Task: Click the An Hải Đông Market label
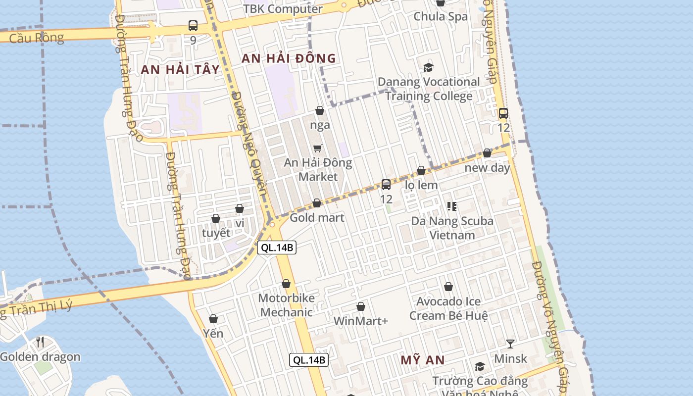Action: [318, 170]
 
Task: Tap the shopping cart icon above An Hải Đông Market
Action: [318, 148]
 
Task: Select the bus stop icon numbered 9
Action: [193, 26]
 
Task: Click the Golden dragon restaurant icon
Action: [40, 342]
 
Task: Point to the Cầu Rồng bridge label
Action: [37, 38]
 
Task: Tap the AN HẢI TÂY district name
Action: [180, 69]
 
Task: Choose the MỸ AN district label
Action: [423, 360]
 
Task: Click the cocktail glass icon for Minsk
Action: [510, 344]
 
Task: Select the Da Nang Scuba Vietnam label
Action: [452, 228]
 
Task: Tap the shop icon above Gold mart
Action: [317, 203]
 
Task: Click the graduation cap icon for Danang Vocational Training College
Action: [428, 67]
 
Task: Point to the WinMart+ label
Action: [360, 321]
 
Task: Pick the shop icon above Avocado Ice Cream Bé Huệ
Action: [448, 286]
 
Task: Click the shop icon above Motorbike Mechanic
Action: [286, 284]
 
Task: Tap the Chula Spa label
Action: [440, 16]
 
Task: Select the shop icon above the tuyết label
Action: [216, 218]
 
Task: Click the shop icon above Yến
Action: [213, 319]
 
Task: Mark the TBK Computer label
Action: [283, 9]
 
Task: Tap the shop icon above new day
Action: [487, 153]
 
